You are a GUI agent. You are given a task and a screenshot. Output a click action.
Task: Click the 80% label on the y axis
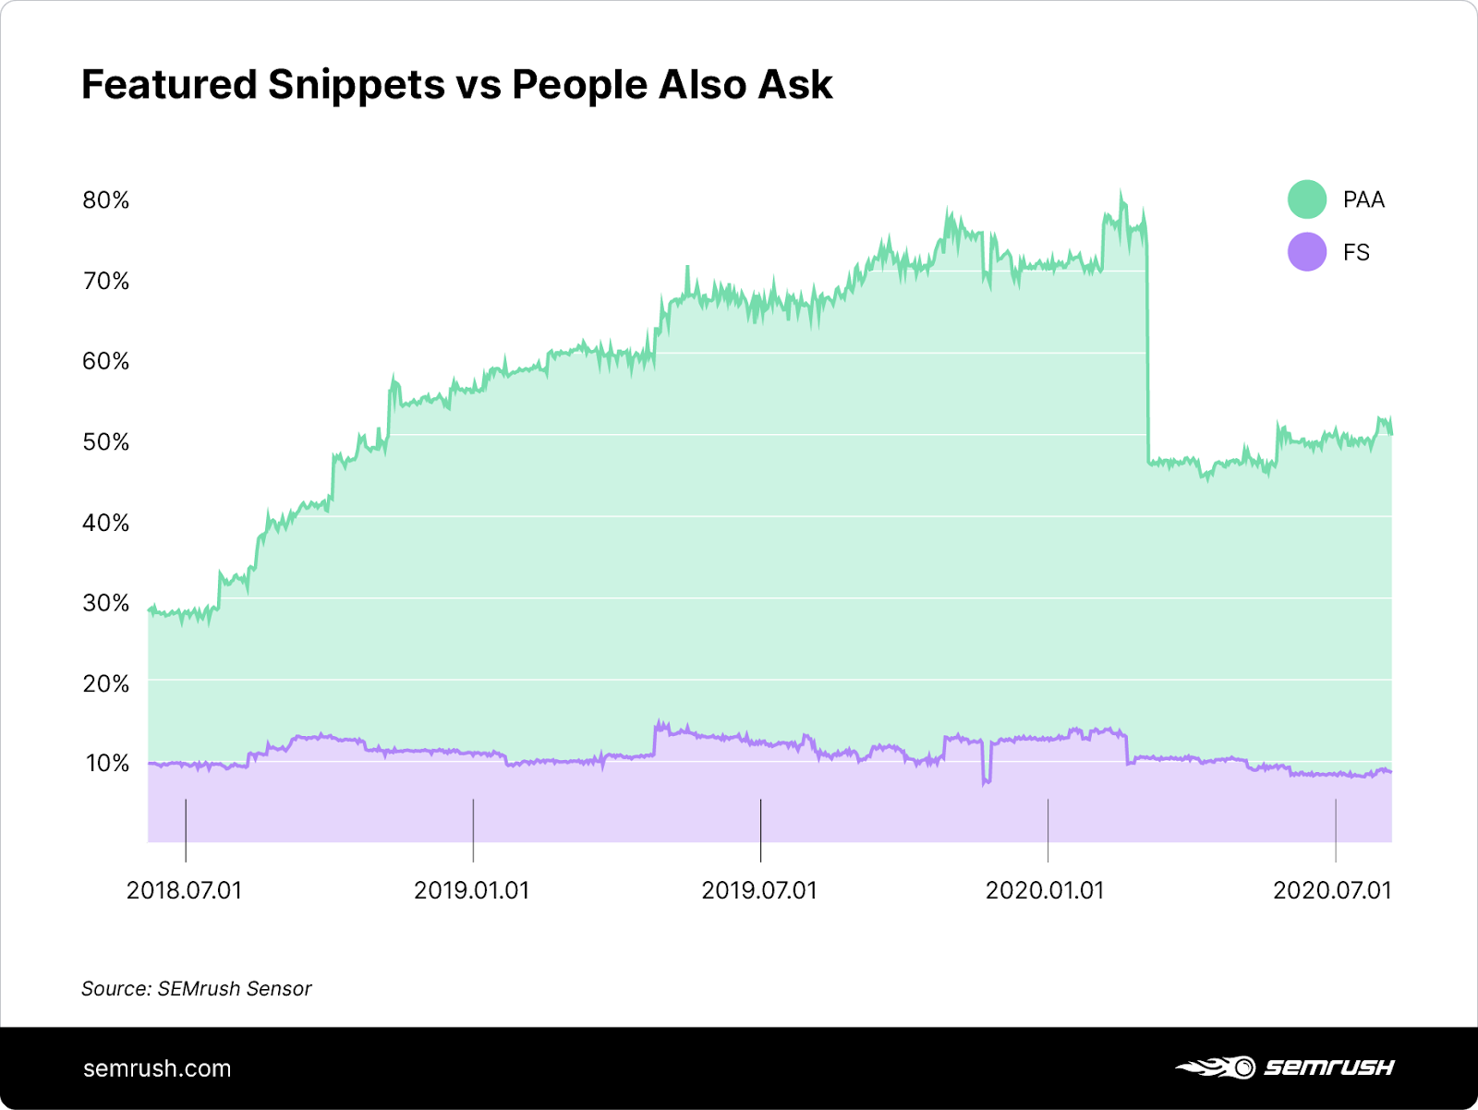point(105,200)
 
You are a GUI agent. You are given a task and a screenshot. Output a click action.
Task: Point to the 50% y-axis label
point(105,441)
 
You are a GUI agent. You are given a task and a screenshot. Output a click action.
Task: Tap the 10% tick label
point(107,763)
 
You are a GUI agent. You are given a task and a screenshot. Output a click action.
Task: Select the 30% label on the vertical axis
point(105,603)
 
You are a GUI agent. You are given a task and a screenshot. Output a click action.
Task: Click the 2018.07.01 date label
point(184,890)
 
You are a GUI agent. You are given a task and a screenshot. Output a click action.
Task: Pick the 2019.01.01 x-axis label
point(471,890)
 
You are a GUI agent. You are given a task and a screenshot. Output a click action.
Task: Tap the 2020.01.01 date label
point(1045,890)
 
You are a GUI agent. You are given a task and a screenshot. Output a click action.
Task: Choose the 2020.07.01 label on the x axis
point(1332,890)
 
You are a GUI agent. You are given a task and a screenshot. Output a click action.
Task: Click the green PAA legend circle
point(1307,199)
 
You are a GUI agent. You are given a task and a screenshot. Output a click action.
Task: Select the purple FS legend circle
point(1307,252)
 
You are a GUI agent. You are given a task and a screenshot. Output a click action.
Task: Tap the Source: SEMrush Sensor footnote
point(197,988)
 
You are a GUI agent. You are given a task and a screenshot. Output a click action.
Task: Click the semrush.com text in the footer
point(157,1068)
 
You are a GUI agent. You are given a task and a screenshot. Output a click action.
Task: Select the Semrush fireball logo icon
point(1216,1068)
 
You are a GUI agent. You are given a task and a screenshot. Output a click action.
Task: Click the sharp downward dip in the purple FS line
point(986,781)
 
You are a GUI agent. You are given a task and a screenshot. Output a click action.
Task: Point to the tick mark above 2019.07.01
point(760,829)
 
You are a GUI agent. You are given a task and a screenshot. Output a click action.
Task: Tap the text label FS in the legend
point(1356,252)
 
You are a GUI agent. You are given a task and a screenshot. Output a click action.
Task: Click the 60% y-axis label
point(105,361)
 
